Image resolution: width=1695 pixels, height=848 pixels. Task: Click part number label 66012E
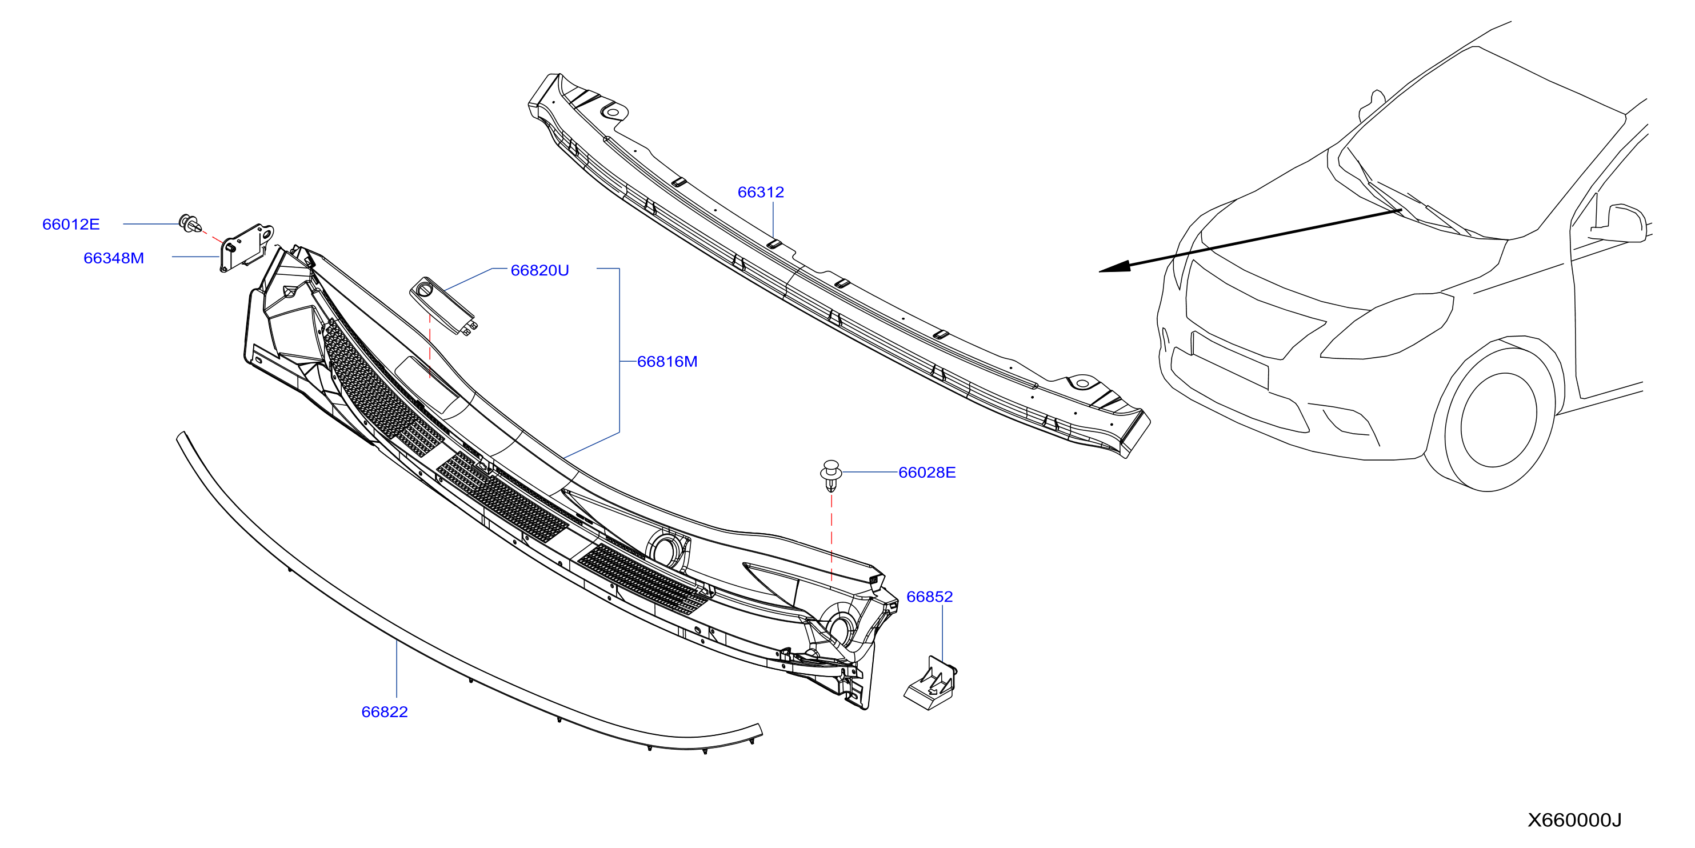pyautogui.click(x=70, y=225)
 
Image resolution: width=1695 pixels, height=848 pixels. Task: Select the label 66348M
pyautogui.click(x=113, y=258)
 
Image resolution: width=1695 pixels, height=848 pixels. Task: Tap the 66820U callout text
pyautogui.click(x=539, y=270)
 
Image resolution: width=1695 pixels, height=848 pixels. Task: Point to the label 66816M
pyautogui.click(x=667, y=361)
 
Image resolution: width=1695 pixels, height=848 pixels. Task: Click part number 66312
pyautogui.click(x=761, y=192)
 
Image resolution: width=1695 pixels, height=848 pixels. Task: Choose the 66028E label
pyautogui.click(x=927, y=473)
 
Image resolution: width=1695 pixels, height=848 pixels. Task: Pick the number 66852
pyautogui.click(x=929, y=597)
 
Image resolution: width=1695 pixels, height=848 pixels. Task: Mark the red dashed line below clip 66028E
pyautogui.click(x=831, y=537)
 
